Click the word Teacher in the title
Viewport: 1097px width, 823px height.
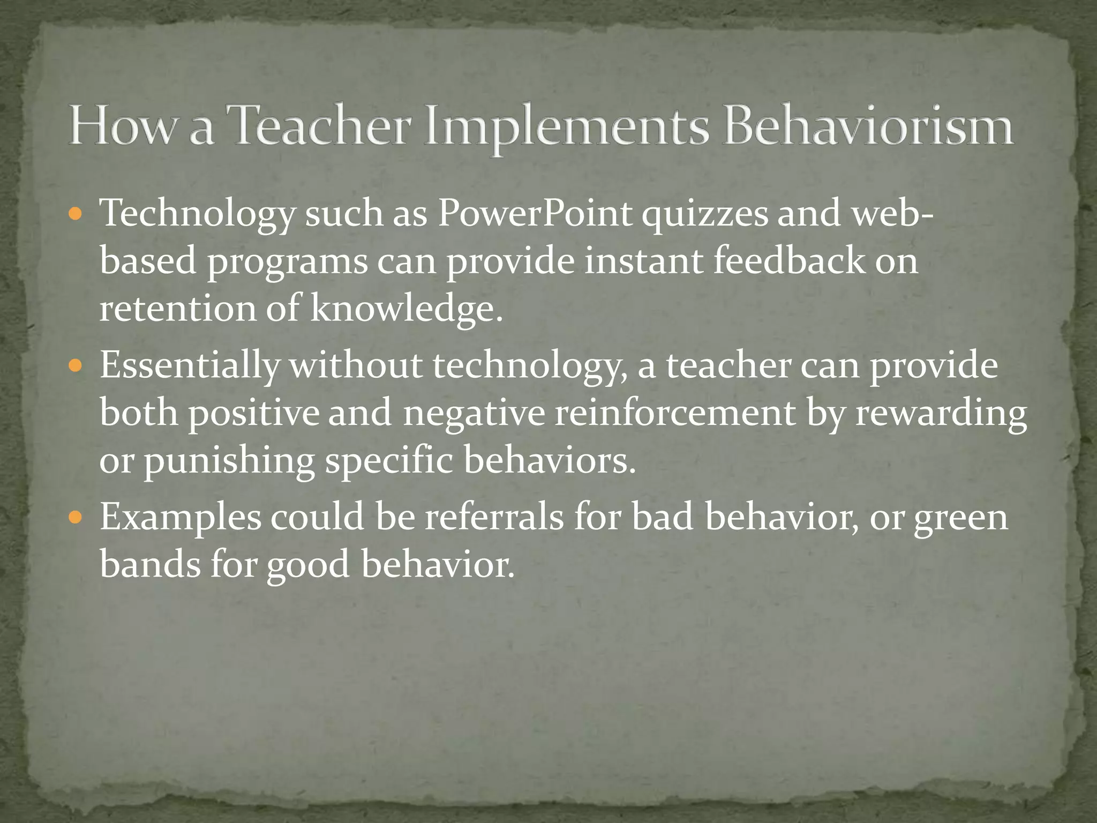coord(320,126)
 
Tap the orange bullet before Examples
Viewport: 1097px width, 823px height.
coord(77,519)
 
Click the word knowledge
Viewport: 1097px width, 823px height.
coord(407,310)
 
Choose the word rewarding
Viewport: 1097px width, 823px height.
coord(941,415)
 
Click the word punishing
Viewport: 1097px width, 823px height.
coord(229,462)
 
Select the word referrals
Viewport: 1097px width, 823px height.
coord(494,518)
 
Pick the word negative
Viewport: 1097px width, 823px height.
coord(474,415)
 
